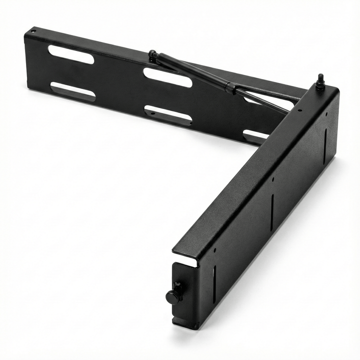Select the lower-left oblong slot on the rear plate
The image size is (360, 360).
pos(72,92)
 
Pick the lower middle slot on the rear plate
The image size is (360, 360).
pos(168,115)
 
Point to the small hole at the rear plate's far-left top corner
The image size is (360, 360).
pos(33,32)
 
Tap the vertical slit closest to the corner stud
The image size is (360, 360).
pos(326,145)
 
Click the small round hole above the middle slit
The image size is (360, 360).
pos(272,179)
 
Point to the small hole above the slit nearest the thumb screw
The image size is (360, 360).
pos(215,250)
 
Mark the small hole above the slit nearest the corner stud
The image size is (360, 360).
pos(326,113)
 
